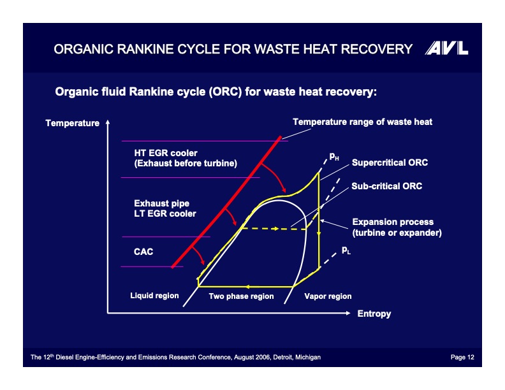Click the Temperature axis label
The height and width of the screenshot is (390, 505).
[72, 123]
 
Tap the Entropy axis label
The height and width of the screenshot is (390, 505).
[374, 314]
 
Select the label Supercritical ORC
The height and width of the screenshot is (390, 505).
[390, 162]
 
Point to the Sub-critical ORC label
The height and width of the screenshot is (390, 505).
[386, 187]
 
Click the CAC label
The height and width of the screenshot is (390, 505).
[143, 252]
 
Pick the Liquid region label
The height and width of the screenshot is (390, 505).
[154, 296]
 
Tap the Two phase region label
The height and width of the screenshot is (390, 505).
[241, 296]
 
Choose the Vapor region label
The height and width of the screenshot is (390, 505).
[328, 296]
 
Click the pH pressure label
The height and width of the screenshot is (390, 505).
[334, 156]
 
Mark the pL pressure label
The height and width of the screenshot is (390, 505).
[346, 250]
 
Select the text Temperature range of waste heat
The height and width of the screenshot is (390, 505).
[362, 122]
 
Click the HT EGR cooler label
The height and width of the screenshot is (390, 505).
[165, 153]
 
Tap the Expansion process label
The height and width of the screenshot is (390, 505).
[393, 222]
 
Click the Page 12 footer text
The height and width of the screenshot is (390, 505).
[462, 357]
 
